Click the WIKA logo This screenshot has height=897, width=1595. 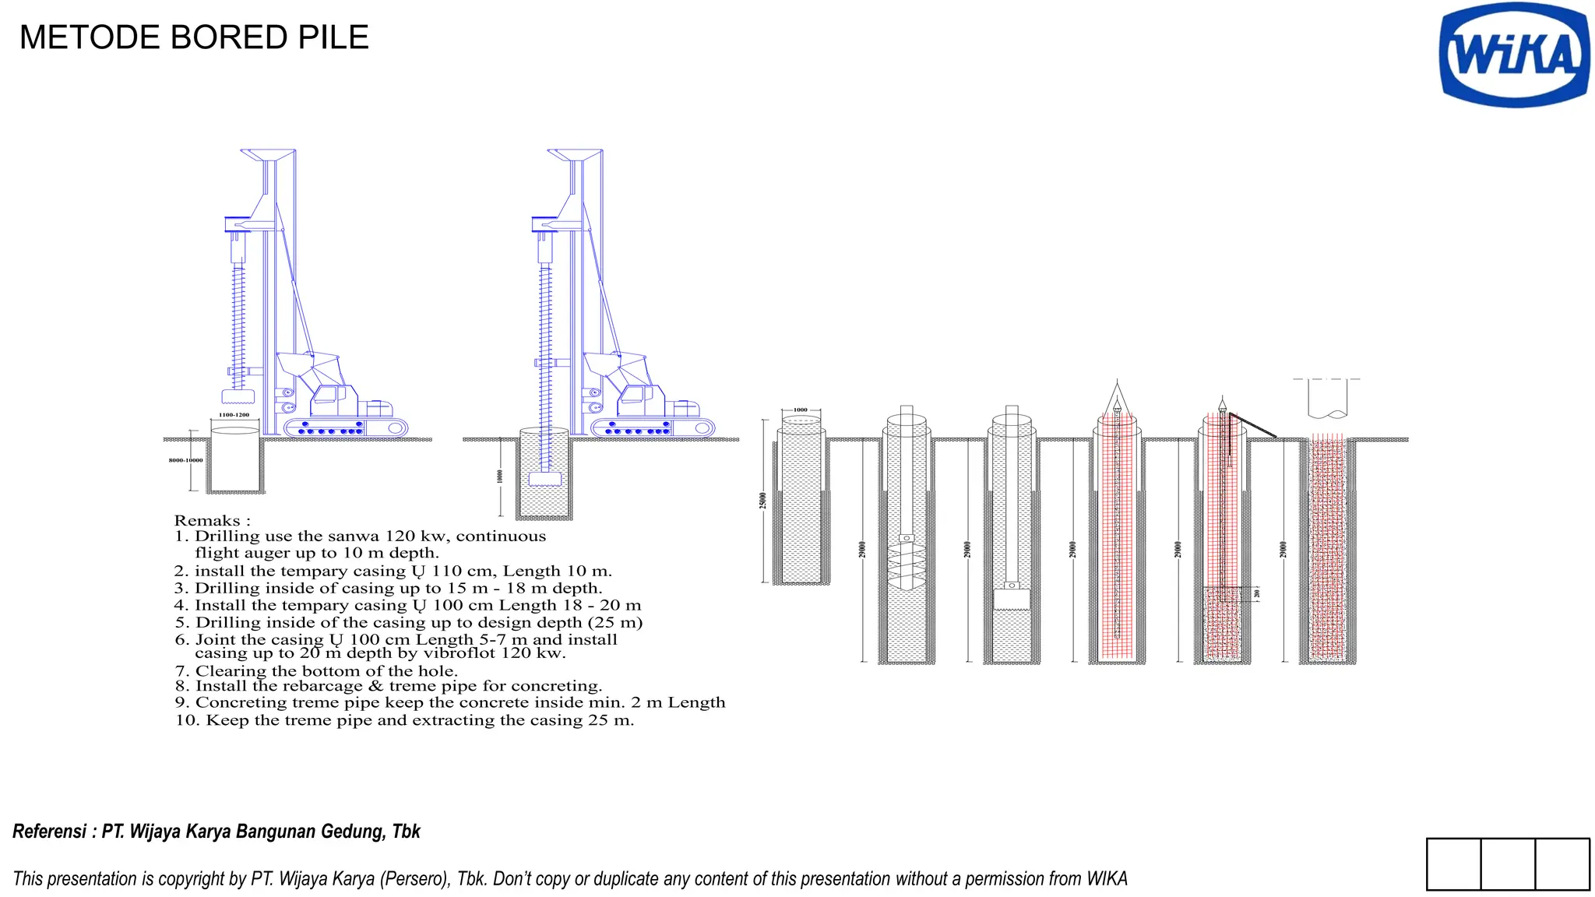pyautogui.click(x=1514, y=55)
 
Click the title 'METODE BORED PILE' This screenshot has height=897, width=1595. pyautogui.click(x=194, y=37)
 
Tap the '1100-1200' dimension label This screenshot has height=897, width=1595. pyautogui.click(x=234, y=415)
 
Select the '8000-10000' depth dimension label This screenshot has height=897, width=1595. pyautogui.click(x=185, y=460)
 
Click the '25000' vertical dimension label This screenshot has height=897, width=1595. pyautogui.click(x=763, y=500)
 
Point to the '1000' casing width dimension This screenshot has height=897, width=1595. pyautogui.click(x=801, y=410)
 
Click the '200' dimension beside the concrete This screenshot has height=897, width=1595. pyautogui.click(x=1256, y=593)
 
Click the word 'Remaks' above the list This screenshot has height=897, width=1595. pyautogui.click(x=207, y=520)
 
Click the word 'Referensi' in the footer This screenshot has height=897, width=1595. pyautogui.click(x=49, y=832)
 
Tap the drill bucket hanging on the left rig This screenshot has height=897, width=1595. pyautogui.click(x=238, y=396)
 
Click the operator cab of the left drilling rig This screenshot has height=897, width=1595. pyautogui.click(x=333, y=399)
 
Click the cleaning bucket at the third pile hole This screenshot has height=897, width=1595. pyautogui.click(x=1012, y=598)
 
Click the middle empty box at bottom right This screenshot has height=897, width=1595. pyautogui.click(x=1508, y=864)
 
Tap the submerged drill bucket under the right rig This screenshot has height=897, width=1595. pyautogui.click(x=544, y=479)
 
